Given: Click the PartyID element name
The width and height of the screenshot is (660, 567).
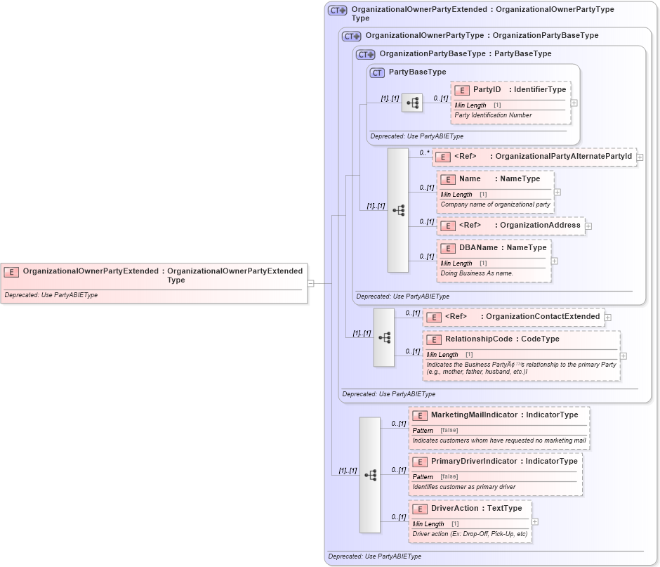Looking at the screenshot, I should [x=487, y=90].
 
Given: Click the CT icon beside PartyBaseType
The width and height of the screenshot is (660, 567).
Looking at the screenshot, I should [x=377, y=72].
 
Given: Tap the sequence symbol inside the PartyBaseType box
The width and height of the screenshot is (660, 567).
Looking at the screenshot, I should [x=412, y=103].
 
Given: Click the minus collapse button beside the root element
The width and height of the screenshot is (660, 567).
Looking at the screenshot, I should [x=310, y=284].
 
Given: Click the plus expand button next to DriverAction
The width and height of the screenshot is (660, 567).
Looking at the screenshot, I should [x=535, y=522].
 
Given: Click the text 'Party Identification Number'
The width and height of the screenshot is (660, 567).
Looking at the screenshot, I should [x=493, y=115].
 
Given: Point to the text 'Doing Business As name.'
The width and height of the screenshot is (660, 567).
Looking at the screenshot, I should [x=477, y=273].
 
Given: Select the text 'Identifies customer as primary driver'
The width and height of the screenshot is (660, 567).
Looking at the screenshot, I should [x=463, y=487].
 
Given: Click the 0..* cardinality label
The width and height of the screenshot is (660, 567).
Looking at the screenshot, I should [x=424, y=152].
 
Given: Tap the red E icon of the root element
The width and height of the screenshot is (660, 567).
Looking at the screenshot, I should [x=11, y=271].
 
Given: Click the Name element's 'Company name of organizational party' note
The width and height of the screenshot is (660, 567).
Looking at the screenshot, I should [x=494, y=204].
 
